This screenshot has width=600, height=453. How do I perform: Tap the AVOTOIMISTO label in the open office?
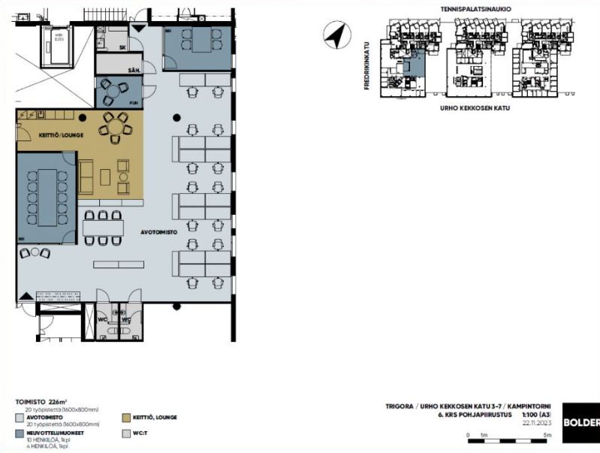point(158,233)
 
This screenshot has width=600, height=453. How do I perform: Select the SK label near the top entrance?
point(122,47)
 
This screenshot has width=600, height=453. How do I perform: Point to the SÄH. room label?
point(134,70)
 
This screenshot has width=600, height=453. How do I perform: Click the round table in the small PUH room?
point(112,92)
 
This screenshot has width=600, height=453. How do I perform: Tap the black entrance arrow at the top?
point(135,28)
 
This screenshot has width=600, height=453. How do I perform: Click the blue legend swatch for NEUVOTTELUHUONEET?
point(20,433)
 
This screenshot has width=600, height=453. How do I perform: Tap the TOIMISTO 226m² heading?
point(41,403)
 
